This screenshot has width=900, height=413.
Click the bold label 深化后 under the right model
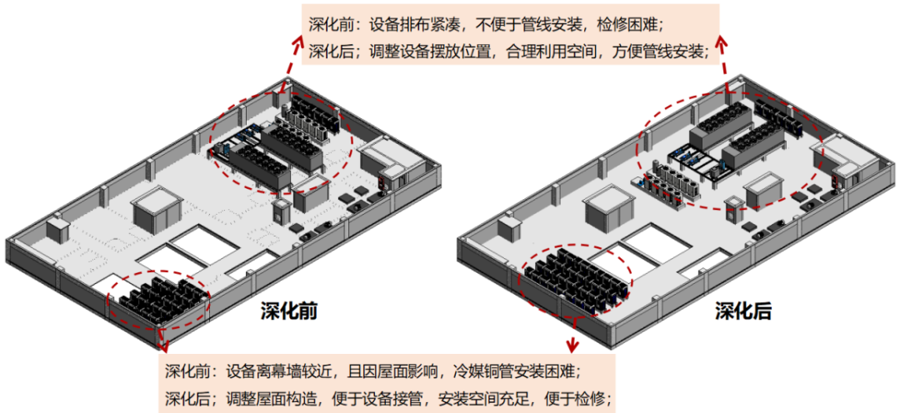pyautogui.click(x=743, y=311)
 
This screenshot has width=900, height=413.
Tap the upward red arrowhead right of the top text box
pyautogui.click(x=722, y=39)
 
